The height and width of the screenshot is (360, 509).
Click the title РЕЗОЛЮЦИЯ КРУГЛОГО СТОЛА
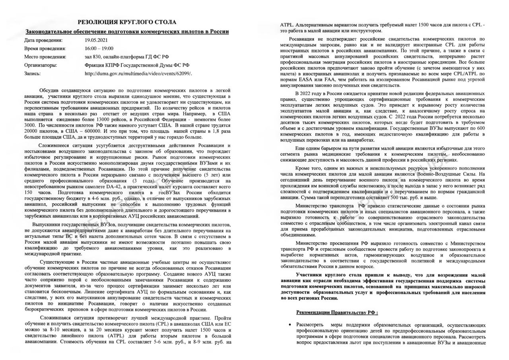point(126,22)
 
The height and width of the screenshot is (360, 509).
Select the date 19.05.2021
point(96,40)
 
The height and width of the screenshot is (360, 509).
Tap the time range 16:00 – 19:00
point(99,49)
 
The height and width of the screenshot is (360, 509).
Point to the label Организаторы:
point(41,65)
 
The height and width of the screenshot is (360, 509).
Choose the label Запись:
point(32,74)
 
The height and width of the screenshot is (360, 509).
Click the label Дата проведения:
point(43,40)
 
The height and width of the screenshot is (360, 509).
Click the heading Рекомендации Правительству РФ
point(337,313)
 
